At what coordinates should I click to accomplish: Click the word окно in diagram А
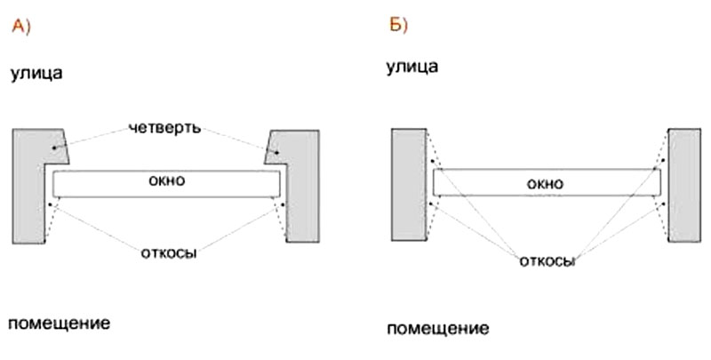[x=168, y=180]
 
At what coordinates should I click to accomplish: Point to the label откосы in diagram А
[x=168, y=252]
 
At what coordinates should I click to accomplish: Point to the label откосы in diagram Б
[x=547, y=261]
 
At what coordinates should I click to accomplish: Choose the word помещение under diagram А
[x=60, y=322]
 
